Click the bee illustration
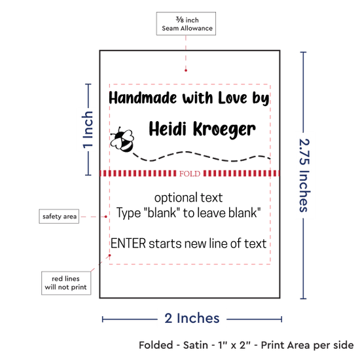[122, 139]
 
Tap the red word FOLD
[190, 173]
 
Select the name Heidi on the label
[168, 128]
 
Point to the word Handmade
[143, 98]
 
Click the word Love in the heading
[233, 98]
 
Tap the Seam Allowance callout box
[186, 24]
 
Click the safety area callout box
[59, 216]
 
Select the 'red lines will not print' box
[66, 283]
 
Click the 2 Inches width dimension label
[192, 318]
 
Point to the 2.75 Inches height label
[304, 175]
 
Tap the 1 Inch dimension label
[88, 130]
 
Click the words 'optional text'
[189, 198]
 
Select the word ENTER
[128, 243]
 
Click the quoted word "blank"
[162, 213]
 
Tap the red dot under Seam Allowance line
[186, 71]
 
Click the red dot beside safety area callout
[106, 217]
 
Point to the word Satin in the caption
[196, 345]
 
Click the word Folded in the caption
[156, 345]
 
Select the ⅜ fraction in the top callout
[180, 20]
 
